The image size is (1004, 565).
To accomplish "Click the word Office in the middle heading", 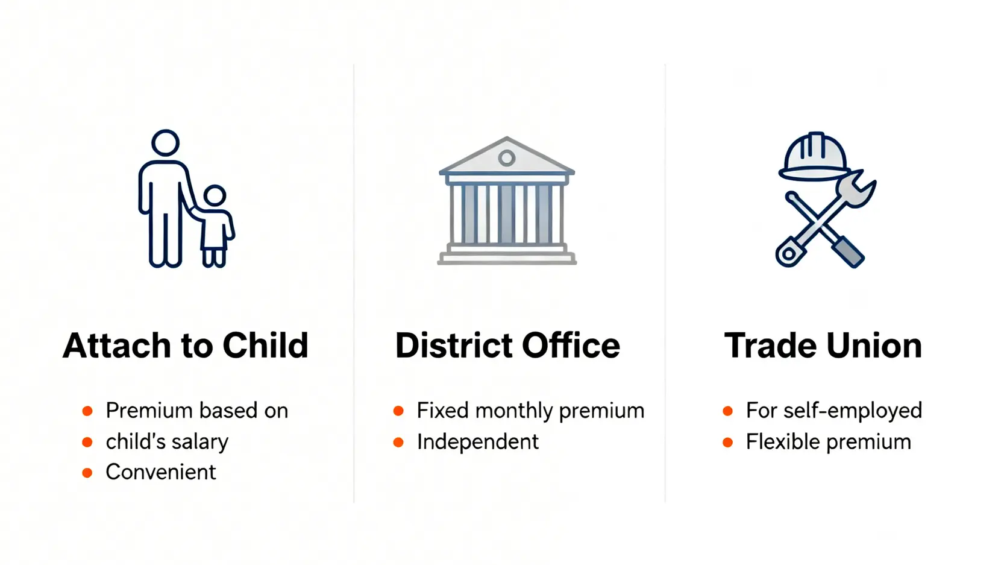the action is click(x=571, y=345).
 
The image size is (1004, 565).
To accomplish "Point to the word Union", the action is click(x=874, y=346).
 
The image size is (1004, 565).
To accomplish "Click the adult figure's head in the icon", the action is click(x=165, y=143).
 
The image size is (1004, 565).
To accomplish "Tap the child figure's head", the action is click(x=215, y=196).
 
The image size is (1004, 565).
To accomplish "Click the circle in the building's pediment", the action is click(x=507, y=158).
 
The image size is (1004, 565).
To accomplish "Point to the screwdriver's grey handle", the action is click(x=848, y=253).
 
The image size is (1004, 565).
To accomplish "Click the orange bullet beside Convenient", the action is click(x=87, y=473).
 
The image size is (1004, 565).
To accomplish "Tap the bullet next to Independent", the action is click(x=398, y=442).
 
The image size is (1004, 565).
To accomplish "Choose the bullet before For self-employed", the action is click(x=728, y=411).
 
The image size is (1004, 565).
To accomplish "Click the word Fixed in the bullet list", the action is click(x=443, y=410).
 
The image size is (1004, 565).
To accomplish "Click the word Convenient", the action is click(x=161, y=472).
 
